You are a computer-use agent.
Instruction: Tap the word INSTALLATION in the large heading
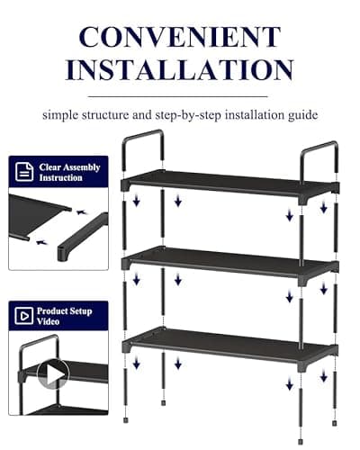[180, 69]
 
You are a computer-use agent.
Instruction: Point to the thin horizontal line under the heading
[180, 95]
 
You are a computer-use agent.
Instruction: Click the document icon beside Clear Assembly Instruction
[23, 171]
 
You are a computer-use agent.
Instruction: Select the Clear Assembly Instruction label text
[70, 172]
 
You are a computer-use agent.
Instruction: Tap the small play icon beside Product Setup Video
[23, 316]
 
